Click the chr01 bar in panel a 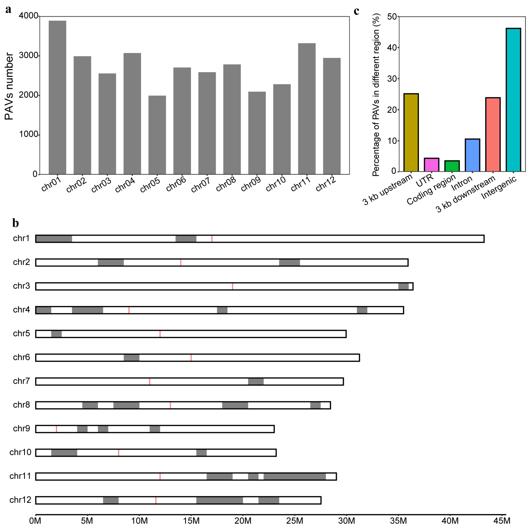coord(57,97)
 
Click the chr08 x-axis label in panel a coord(226,184)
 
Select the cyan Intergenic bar coord(513,100)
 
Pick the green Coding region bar coord(452,166)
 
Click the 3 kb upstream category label coord(388,189)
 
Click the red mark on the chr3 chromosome coord(232,286)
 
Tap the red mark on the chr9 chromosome coord(56,429)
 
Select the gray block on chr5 coord(56,334)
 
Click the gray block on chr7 coord(256,381)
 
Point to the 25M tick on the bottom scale coord(295,520)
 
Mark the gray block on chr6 coord(131,357)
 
